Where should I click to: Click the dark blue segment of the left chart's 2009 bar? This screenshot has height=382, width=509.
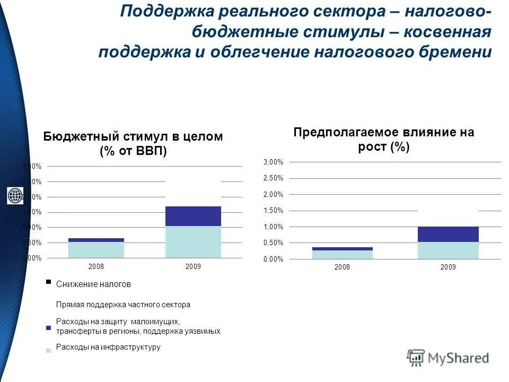click(x=193, y=216)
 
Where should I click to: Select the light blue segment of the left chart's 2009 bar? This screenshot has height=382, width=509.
click(x=193, y=242)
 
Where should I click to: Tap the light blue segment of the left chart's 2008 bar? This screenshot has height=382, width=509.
click(x=96, y=250)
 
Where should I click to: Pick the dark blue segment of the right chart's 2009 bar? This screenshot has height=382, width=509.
click(x=448, y=234)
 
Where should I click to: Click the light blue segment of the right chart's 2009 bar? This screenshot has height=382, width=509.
click(x=448, y=250)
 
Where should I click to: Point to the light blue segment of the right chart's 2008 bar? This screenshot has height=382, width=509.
click(x=342, y=255)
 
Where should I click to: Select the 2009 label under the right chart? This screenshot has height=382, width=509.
click(x=448, y=267)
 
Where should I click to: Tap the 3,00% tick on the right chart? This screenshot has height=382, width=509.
click(x=273, y=162)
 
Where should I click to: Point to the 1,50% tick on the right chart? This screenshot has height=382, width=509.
click(x=273, y=211)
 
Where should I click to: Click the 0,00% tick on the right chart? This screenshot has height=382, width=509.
click(x=273, y=259)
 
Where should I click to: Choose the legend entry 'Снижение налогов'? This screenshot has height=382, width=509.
click(x=93, y=284)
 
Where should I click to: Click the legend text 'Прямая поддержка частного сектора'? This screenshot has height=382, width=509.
click(x=123, y=305)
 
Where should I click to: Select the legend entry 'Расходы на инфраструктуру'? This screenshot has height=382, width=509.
click(x=108, y=347)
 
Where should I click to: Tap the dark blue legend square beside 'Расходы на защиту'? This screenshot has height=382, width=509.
click(x=48, y=328)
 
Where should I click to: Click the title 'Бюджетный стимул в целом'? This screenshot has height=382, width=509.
click(x=133, y=136)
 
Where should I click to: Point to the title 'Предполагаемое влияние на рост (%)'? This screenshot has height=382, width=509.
click(x=383, y=139)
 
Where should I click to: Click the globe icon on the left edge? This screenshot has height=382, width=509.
click(x=14, y=196)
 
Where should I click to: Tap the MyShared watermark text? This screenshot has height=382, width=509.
click(x=459, y=358)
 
